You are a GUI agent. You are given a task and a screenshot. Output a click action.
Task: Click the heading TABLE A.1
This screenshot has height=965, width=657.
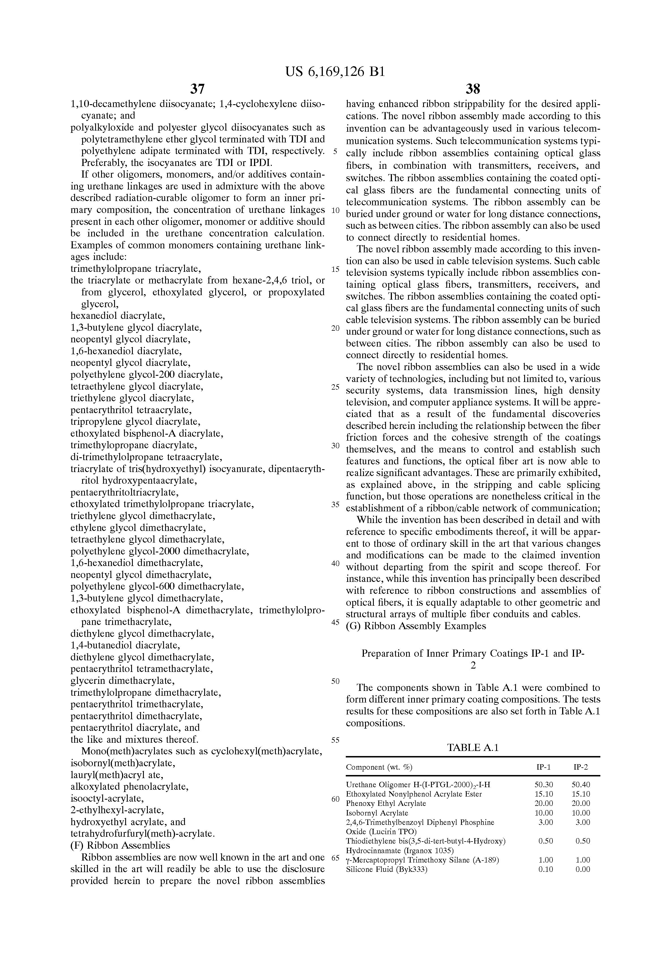pos(473,748)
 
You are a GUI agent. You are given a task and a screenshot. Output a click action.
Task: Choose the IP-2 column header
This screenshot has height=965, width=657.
pos(581,767)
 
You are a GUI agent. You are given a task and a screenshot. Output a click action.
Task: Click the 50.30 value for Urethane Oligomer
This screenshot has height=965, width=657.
pos(544,785)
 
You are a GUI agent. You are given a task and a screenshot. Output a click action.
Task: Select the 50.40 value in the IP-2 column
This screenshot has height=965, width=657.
pos(581,785)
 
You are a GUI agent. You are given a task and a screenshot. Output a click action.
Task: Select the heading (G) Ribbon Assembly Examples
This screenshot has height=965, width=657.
pos(416,626)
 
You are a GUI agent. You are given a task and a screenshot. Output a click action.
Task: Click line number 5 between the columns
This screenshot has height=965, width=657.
pos(336,151)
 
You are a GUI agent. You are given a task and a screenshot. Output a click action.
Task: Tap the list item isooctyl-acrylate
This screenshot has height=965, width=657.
pos(107,798)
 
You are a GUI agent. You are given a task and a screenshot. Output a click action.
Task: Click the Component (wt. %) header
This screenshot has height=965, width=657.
pos(379,767)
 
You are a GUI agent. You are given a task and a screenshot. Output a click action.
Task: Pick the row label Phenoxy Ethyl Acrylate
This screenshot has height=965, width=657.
pos(386,804)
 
